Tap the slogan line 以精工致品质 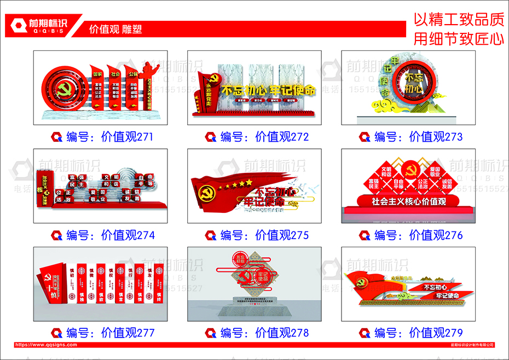(458, 20)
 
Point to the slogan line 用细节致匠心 (458, 38)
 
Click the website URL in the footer (46, 345)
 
